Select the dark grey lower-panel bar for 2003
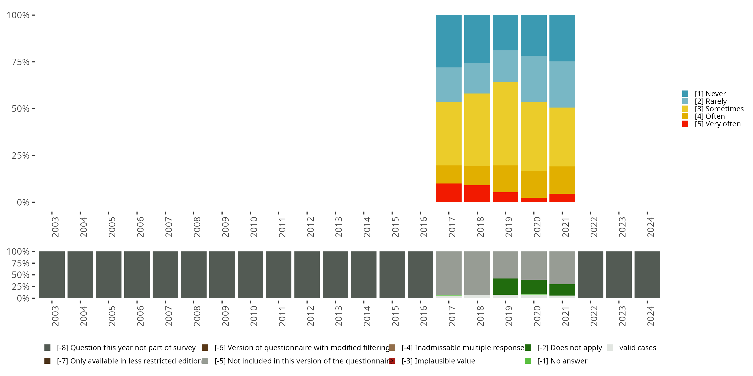(x=52, y=275)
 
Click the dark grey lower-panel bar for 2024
(x=647, y=275)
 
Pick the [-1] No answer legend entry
(x=568, y=361)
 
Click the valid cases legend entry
(x=637, y=348)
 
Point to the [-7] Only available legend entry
(x=129, y=361)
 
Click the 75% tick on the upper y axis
(x=21, y=62)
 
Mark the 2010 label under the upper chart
(x=254, y=227)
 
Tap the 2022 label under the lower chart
(x=594, y=316)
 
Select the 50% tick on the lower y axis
(x=21, y=275)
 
